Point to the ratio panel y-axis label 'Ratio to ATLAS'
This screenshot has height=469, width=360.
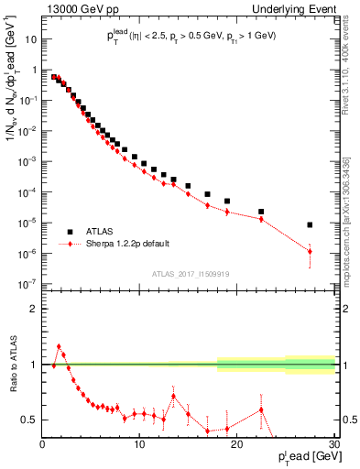12,365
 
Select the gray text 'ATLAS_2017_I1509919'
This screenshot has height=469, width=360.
189,272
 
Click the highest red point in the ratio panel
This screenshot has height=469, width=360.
59,347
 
